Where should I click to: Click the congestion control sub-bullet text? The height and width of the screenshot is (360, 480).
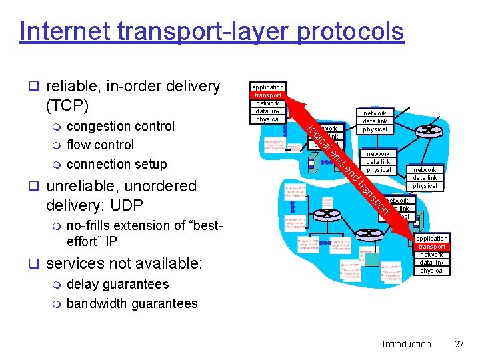point(121,126)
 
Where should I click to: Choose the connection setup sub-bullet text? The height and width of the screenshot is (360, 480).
point(117,163)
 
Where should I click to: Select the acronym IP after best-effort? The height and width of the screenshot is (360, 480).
point(110,241)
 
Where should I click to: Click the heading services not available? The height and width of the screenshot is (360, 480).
point(123,263)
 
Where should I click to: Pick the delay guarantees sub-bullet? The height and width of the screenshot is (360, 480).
point(117,284)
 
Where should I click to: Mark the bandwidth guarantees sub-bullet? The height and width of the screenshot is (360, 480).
point(132,303)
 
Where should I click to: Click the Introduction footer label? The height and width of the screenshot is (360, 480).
point(406,344)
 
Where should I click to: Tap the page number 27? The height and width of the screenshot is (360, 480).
point(458,344)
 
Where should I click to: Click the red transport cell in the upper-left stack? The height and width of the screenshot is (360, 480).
point(268,95)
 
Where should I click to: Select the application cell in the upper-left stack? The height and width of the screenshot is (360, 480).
point(268,87)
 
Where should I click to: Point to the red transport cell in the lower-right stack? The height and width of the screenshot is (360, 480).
point(432,247)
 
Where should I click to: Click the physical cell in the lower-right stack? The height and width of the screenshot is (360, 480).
point(432,271)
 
